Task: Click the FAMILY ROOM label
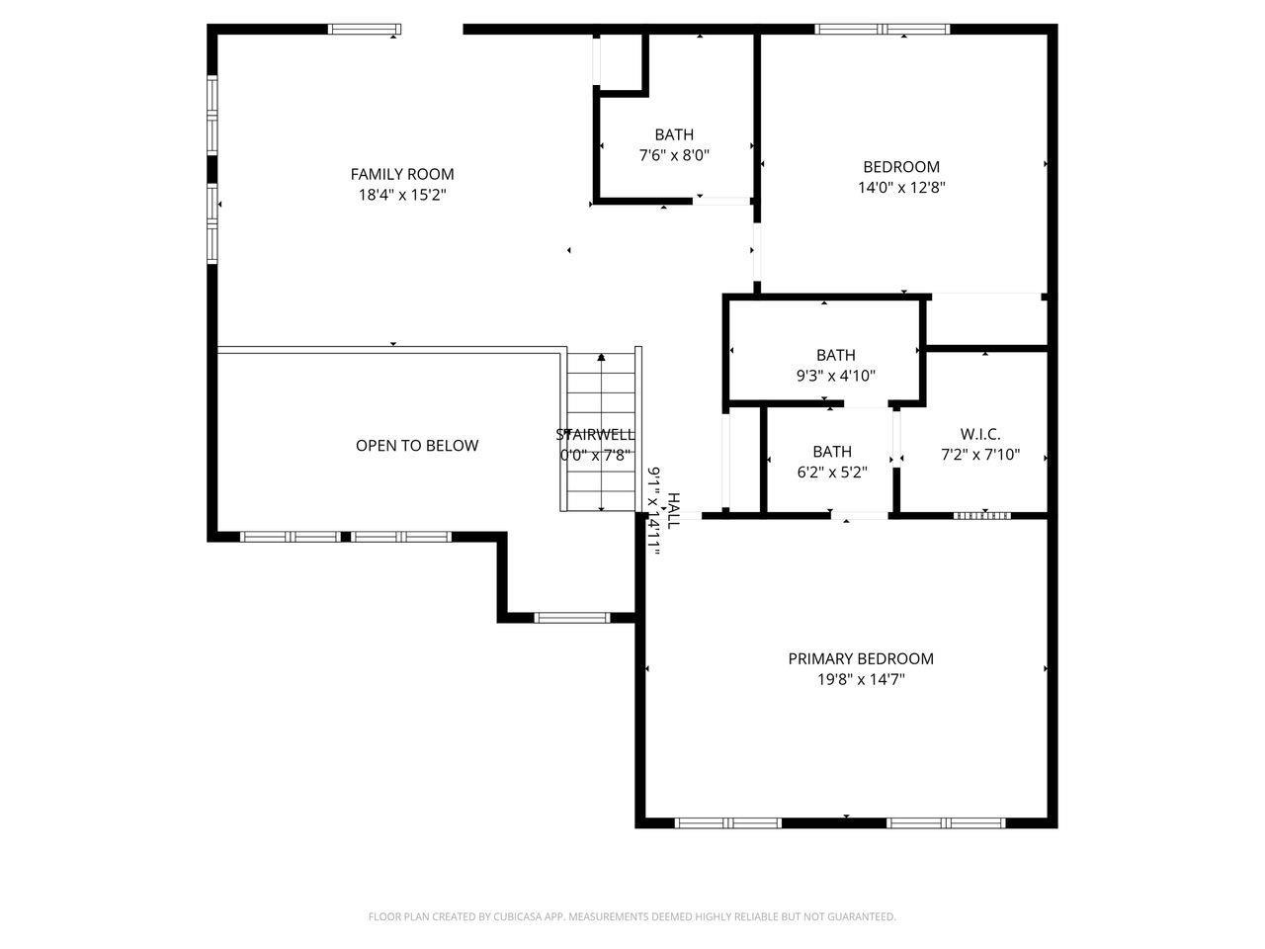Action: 402,175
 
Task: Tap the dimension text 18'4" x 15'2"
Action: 402,196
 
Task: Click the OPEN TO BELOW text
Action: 417,446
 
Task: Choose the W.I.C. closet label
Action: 979,434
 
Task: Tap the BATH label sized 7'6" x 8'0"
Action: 674,134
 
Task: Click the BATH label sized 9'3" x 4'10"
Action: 835,355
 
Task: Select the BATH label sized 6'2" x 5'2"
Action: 831,452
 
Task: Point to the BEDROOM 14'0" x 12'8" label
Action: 901,167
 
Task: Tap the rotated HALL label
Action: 673,511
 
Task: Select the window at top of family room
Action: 364,30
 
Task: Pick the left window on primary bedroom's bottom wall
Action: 727,822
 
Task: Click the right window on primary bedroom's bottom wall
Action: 945,822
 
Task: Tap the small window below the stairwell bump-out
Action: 571,618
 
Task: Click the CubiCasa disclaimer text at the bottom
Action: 632,917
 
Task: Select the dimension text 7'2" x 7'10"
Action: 979,456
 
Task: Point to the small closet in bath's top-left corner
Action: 621,61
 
